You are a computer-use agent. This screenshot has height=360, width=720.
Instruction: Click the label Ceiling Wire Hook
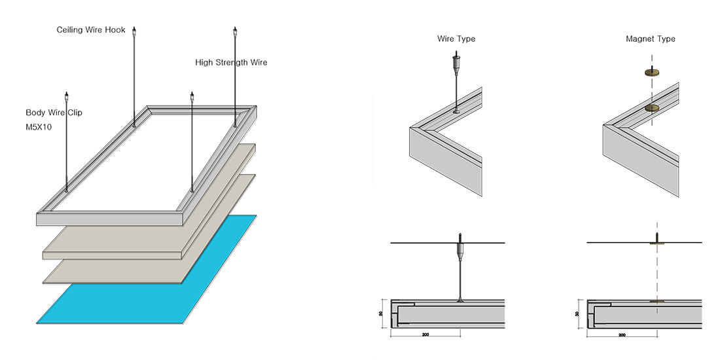click(91, 30)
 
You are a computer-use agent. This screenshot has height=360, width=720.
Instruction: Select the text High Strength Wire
click(231, 63)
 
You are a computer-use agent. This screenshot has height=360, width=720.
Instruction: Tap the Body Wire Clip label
click(54, 113)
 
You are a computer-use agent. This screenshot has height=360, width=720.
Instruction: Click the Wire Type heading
click(456, 39)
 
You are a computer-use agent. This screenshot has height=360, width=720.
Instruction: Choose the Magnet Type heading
click(650, 39)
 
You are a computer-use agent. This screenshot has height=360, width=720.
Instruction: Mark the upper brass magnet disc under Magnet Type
click(651, 73)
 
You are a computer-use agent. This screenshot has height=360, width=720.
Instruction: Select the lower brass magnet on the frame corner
click(652, 108)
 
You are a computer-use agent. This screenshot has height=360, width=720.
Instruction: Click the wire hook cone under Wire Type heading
click(456, 64)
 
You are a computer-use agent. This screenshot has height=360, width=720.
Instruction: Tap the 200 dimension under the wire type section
click(425, 335)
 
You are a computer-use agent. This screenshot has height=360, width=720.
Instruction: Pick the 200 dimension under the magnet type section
click(621, 335)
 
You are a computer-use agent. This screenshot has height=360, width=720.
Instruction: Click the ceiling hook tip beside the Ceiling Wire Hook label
click(134, 31)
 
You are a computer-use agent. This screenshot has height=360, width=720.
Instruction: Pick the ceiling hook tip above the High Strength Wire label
click(234, 31)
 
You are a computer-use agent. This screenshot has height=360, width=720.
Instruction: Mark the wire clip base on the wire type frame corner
click(456, 113)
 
